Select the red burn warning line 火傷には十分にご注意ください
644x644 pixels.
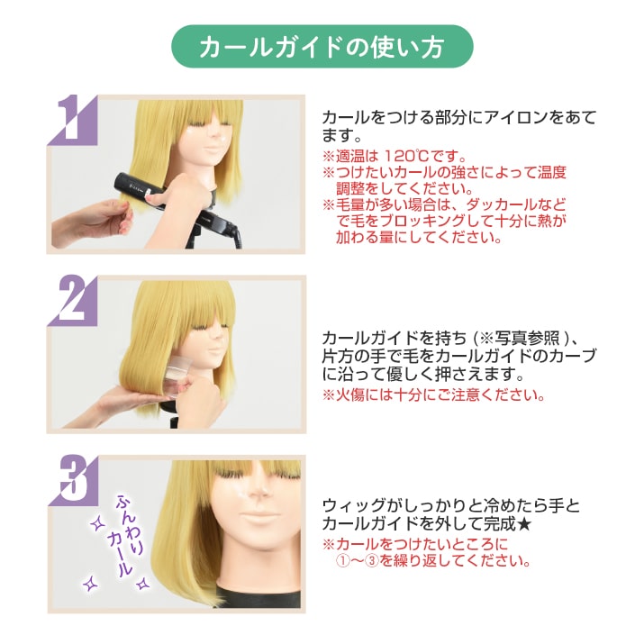(x=433, y=395)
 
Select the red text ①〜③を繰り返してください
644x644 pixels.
(x=432, y=560)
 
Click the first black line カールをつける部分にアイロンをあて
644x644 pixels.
(x=458, y=118)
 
